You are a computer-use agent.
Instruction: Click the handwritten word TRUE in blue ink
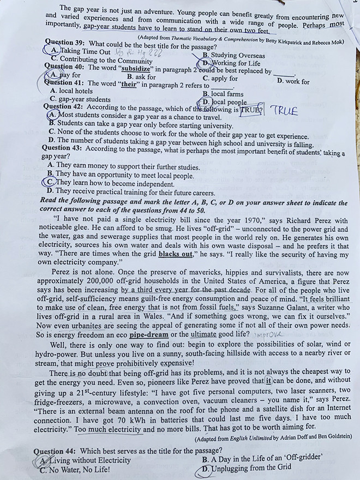[x=284, y=111]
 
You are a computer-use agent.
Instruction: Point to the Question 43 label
[x=63, y=148]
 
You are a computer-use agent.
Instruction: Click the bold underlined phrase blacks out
[x=175, y=254]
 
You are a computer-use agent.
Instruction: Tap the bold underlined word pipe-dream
[x=149, y=334]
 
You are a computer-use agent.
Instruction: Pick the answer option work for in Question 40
[x=293, y=82]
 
